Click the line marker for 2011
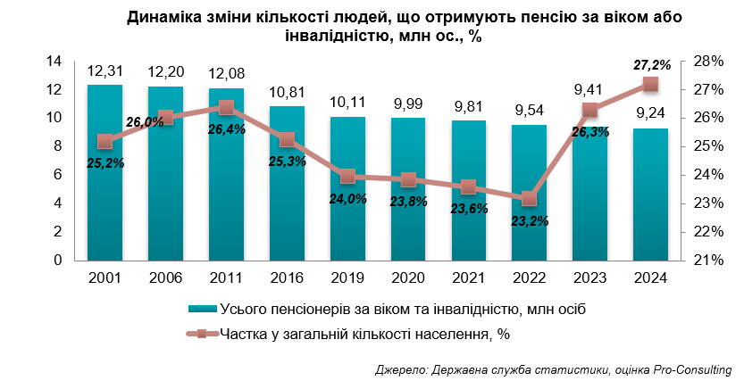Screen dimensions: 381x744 point(226,107)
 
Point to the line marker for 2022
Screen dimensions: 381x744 point(530,198)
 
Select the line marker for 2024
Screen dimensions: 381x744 point(651,84)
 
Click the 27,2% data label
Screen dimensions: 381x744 point(650,64)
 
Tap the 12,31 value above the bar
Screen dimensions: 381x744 point(104,72)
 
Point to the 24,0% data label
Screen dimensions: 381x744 point(348,199)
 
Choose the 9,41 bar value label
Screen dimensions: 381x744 point(590,89)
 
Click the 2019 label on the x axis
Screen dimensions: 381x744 point(347,278)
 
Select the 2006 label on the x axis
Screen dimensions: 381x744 point(165,278)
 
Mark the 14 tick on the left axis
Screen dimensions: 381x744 point(53,61)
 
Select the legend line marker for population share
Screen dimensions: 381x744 point(202,334)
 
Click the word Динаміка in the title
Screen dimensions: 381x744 point(161,18)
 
